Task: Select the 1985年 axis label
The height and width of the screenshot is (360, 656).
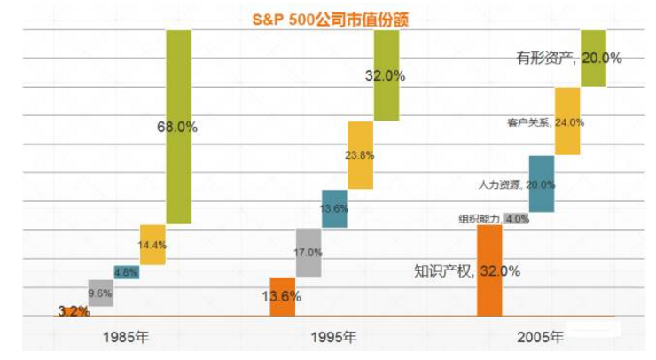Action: pos(126,338)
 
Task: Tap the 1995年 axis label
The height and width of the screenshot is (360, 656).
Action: pos(334,338)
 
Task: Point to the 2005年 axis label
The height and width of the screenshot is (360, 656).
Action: pos(540,338)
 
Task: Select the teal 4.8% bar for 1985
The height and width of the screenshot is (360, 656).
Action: pos(126,272)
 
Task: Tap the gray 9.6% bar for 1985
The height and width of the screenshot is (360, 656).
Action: pos(101,292)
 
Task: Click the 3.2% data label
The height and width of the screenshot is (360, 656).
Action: pos(73,311)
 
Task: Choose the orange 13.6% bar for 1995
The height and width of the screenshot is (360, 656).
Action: pos(283,296)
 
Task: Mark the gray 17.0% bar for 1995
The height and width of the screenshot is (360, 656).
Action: pos(308,252)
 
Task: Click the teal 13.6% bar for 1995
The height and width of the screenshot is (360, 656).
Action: pos(334,208)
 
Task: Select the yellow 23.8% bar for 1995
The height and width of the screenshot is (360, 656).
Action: pos(360,155)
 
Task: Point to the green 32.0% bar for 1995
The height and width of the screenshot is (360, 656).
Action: pos(386,75)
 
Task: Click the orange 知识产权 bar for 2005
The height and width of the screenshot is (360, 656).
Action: pos(489,270)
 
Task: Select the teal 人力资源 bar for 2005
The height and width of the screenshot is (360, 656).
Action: pos(541,184)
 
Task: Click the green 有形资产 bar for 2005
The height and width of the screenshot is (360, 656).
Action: pos(592,59)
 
